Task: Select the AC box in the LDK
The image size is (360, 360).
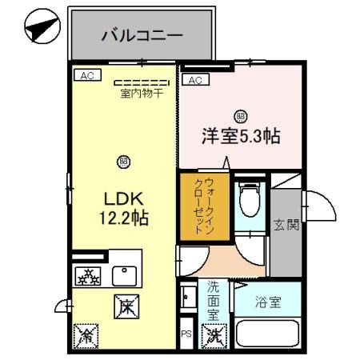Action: [86, 75]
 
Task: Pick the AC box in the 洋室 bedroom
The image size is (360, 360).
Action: [194, 79]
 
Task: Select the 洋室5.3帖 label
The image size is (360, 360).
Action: [240, 136]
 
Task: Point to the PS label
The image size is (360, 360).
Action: [186, 334]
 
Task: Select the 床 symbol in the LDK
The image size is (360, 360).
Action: [126, 304]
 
